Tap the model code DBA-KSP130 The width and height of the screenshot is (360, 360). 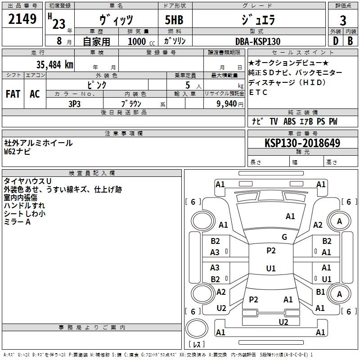(258, 41)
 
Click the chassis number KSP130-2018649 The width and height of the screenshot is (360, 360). (302, 143)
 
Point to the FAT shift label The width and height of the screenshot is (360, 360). (13, 94)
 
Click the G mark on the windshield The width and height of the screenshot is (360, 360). (284, 237)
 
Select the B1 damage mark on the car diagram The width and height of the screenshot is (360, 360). (320, 292)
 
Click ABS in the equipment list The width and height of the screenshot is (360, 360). (290, 121)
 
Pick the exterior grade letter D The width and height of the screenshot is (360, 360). (335, 41)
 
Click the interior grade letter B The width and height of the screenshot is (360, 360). (350, 41)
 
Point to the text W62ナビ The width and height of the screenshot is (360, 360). (18, 152)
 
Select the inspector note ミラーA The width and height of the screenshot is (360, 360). (17, 222)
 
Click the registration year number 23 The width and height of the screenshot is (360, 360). (58, 24)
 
